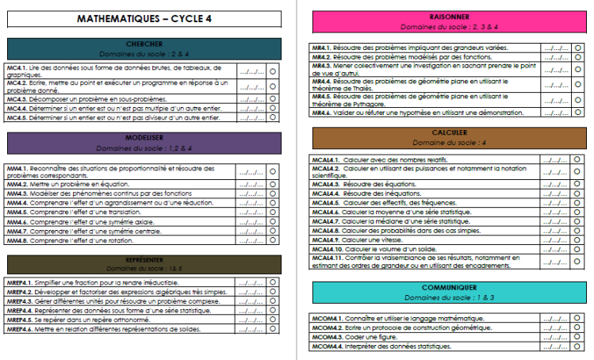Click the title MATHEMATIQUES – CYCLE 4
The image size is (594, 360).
click(144, 18)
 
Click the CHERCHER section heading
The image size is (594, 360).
click(144, 44)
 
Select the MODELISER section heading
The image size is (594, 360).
click(144, 138)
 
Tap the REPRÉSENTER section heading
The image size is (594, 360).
click(144, 260)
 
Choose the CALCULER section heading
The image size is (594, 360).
click(449, 132)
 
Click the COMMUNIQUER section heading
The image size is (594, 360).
click(449, 287)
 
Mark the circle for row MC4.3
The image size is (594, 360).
click(272, 99)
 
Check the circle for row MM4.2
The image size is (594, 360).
click(272, 183)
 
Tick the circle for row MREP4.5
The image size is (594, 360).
click(272, 320)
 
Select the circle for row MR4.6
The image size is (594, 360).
click(577, 113)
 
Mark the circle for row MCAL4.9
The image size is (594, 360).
click(577, 239)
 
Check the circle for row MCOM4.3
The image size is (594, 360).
click(577, 337)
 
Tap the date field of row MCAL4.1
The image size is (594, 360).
click(554, 160)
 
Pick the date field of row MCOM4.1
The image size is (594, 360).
click(554, 318)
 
